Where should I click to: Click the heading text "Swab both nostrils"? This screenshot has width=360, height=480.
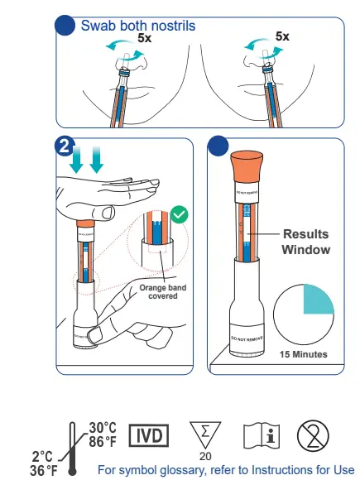137,26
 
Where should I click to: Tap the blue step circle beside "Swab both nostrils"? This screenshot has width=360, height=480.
65,26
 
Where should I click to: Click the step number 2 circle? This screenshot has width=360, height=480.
64,146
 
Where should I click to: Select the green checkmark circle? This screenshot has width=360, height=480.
180,215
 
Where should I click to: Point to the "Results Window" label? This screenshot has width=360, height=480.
305,242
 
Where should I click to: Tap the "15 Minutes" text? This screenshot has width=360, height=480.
302,354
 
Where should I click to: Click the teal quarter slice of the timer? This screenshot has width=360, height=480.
318,299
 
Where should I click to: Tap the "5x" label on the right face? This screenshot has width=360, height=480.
282,36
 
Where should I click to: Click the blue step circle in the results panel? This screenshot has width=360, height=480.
218,146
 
